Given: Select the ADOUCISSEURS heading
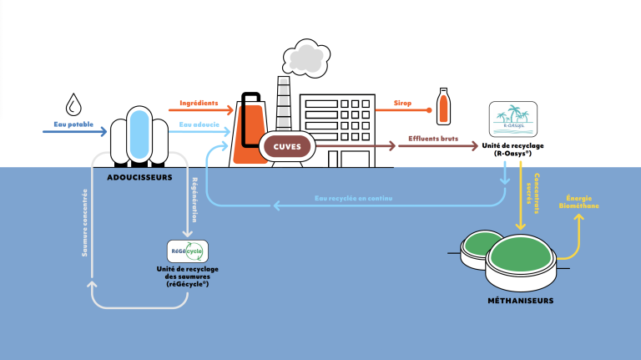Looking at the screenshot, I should pyautogui.click(x=140, y=177).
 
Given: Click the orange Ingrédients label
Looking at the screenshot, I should pyautogui.click(x=199, y=104).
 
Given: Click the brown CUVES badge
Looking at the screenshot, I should pyautogui.click(x=287, y=147).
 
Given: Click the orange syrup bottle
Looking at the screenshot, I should pyautogui.click(x=445, y=104).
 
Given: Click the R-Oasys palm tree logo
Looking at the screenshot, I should pyautogui.click(x=512, y=119).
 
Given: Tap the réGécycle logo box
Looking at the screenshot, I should pyautogui.click(x=188, y=251).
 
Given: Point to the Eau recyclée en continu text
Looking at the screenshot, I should pyautogui.click(x=354, y=198).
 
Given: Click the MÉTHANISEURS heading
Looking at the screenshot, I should pyautogui.click(x=522, y=300).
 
